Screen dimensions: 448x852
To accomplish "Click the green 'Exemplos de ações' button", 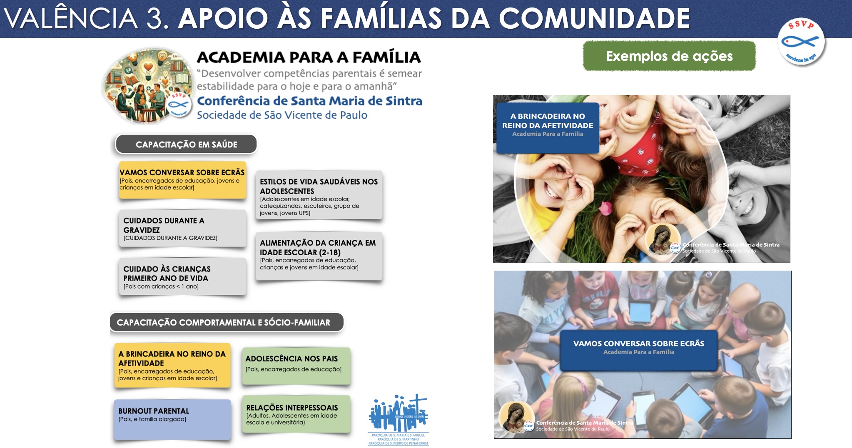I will [669, 56].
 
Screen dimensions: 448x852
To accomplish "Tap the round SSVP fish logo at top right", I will [801, 42].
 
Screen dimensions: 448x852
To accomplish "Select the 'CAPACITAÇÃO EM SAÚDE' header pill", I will [186, 144].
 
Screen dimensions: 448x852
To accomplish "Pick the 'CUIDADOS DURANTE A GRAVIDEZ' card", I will [182, 228].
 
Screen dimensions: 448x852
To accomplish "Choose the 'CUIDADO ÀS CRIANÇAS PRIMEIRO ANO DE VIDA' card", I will [182, 276].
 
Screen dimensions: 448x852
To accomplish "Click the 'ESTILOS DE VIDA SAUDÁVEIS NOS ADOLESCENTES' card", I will [319, 195].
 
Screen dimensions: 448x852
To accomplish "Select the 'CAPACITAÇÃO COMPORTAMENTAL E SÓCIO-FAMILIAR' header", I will [227, 322].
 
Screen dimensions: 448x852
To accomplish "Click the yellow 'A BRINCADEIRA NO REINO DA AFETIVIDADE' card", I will [172, 365].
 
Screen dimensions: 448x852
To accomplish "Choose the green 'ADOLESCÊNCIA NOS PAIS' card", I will [296, 366].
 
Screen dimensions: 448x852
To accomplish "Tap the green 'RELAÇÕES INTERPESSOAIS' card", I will [296, 414].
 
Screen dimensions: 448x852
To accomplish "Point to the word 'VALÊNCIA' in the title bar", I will [71, 19].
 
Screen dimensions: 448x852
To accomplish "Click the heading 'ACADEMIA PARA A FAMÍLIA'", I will [309, 57].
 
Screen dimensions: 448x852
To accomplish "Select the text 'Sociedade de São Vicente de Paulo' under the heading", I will [282, 115].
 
